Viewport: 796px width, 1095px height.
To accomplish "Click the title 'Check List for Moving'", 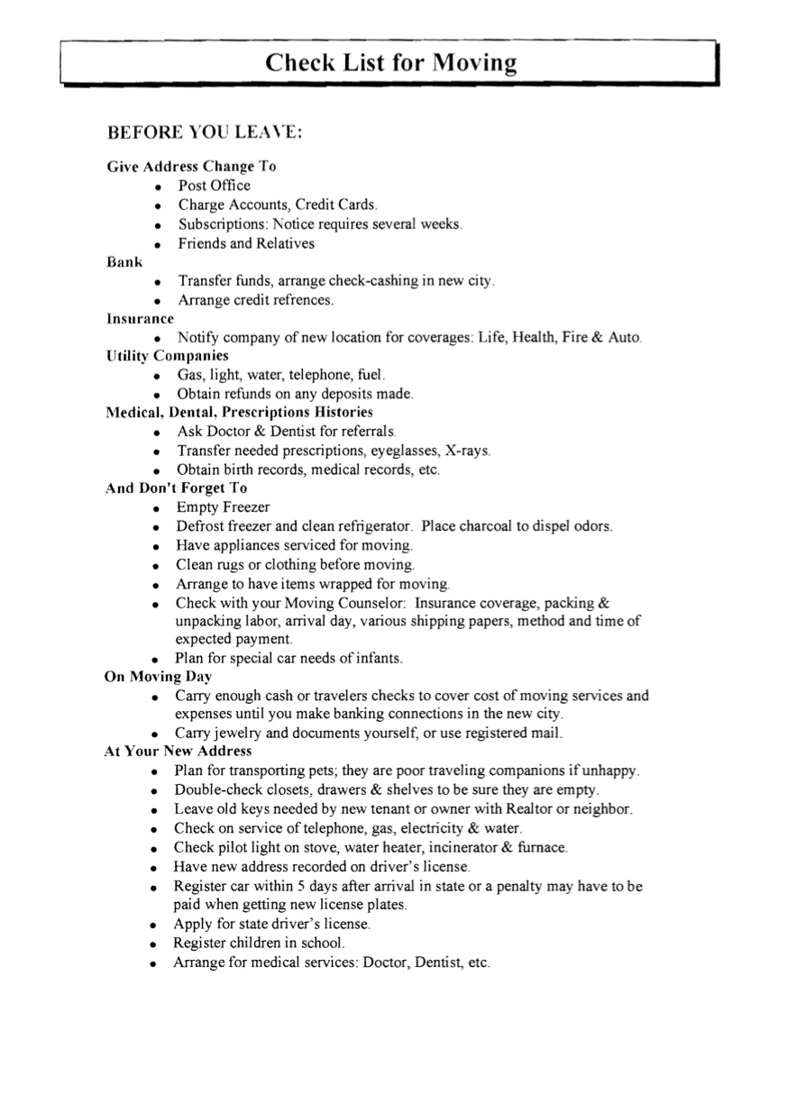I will pyautogui.click(x=391, y=63).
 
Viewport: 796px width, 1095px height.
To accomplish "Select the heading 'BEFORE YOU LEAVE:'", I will pyautogui.click(x=205, y=132).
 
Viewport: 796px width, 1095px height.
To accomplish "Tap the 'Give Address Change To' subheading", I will pyautogui.click(x=191, y=167).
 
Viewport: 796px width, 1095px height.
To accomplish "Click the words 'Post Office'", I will pyautogui.click(x=215, y=186).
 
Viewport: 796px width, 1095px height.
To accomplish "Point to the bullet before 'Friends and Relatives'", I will pyautogui.click(x=158, y=245).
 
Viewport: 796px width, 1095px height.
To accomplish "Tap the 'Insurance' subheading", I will pyautogui.click(x=140, y=319).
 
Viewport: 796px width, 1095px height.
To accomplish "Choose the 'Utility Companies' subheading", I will pyautogui.click(x=167, y=356).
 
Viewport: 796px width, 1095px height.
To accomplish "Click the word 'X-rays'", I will pyautogui.click(x=468, y=451).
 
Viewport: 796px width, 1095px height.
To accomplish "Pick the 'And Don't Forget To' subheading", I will pyautogui.click(x=176, y=488).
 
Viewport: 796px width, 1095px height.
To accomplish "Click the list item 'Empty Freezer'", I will pyautogui.click(x=223, y=507).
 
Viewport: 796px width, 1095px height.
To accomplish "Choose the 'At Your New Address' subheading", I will pyautogui.click(x=178, y=752).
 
